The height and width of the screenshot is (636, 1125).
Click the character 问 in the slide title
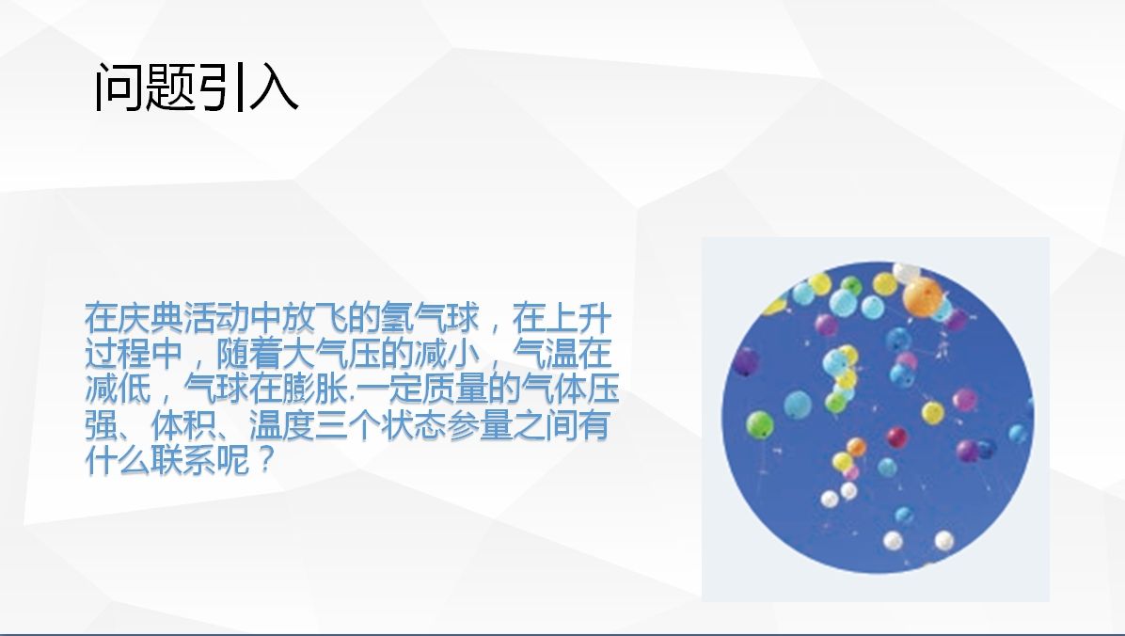(119, 87)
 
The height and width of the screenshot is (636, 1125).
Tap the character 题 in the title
(170, 87)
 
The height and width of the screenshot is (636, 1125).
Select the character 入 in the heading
(274, 87)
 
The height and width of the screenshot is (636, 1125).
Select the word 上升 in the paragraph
(578, 318)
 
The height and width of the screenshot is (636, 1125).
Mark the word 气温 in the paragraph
(546, 353)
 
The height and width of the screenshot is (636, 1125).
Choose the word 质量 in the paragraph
(454, 389)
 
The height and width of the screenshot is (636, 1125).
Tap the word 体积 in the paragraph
(183, 424)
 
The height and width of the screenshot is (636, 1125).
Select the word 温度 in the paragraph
(282, 424)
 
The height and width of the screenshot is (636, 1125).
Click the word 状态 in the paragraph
(413, 424)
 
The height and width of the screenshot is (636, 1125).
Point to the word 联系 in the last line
(183, 459)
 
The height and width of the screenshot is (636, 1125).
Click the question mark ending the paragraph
(266, 459)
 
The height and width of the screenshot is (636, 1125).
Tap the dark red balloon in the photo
(896, 437)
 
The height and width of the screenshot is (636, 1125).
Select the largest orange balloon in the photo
(923, 298)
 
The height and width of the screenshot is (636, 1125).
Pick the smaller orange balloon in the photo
(856, 448)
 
